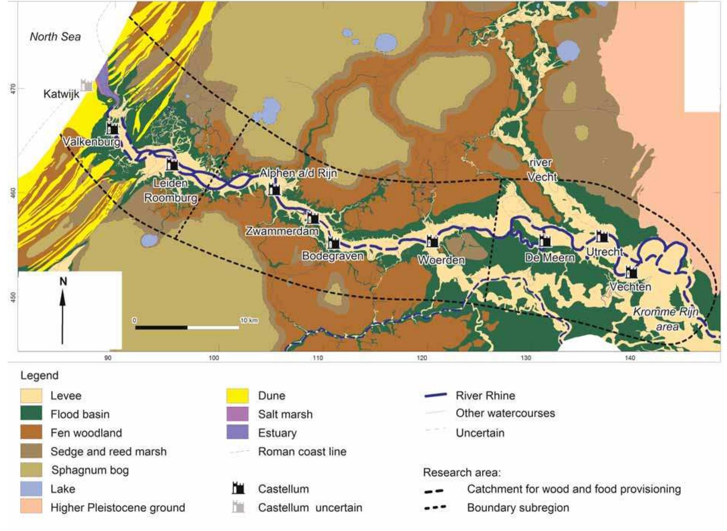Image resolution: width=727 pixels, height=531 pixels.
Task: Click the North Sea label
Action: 55,37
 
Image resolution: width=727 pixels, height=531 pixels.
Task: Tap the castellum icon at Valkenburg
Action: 112,128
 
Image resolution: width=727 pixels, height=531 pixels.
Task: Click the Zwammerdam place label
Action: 282,231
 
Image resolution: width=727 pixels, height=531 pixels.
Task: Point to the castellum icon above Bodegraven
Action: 334,243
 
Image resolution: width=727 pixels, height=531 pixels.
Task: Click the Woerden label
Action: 441,260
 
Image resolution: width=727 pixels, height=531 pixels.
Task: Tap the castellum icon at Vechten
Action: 631,272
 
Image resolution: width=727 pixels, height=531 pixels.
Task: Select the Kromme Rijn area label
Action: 666,319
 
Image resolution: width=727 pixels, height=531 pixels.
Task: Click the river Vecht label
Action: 541,169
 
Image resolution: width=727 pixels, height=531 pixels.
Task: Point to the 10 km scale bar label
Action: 249,320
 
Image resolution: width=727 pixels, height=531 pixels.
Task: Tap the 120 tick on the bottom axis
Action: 422,358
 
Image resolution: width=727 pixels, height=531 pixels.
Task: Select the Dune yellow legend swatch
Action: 237,396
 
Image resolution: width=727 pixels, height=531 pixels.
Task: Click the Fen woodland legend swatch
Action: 31,433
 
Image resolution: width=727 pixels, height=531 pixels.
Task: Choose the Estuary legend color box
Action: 237,432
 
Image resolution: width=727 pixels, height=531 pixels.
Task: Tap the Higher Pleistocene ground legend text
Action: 118,508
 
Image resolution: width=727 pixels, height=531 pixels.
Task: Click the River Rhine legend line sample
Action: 435,396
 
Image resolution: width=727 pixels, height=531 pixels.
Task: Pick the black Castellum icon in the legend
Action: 238,489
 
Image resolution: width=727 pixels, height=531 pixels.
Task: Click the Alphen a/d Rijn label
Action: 298,173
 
